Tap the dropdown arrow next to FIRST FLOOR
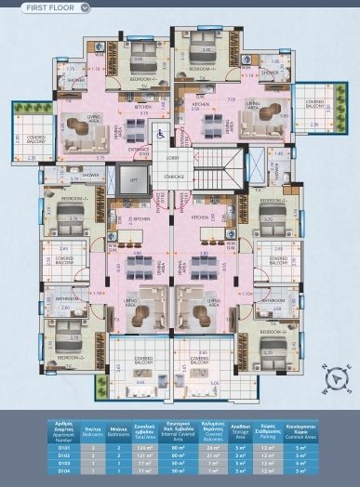tap(86, 7)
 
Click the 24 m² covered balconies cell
tap(213, 448)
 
